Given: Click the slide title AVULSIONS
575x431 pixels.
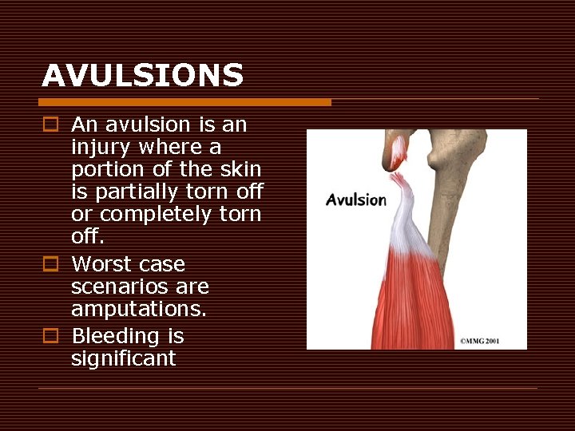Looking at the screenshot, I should (142, 76).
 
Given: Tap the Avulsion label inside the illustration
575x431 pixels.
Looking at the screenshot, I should (355, 200).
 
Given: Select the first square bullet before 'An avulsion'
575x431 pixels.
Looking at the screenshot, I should (50, 125).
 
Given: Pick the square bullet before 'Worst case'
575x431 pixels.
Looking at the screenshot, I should (50, 264).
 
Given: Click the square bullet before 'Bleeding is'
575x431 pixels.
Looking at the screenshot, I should (50, 336).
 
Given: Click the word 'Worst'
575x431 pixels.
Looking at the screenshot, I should (100, 264).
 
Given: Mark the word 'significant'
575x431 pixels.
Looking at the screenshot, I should (123, 358).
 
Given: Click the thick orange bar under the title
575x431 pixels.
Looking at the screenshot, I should (184, 102).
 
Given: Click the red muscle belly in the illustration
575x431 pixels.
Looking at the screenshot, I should (407, 303).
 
